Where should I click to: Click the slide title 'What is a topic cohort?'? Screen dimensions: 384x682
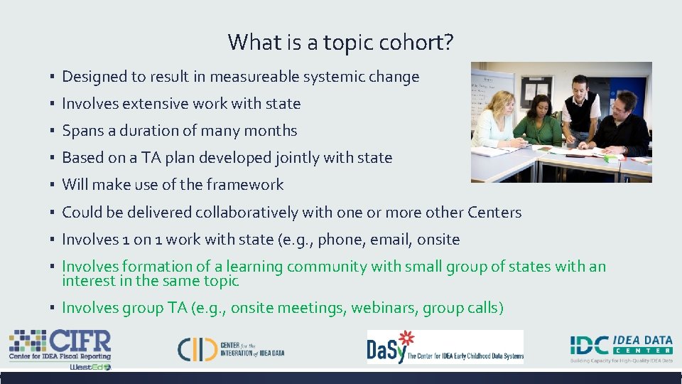click(x=340, y=43)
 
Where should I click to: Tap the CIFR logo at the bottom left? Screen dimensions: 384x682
click(x=60, y=345)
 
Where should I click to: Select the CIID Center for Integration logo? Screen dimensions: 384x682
click(x=231, y=348)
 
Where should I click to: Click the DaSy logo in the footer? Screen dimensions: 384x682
click(x=445, y=347)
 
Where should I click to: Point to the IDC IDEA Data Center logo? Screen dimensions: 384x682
click(x=621, y=346)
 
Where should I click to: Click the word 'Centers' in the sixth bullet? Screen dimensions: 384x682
click(x=494, y=213)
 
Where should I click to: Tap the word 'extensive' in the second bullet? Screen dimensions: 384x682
click(x=155, y=104)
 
